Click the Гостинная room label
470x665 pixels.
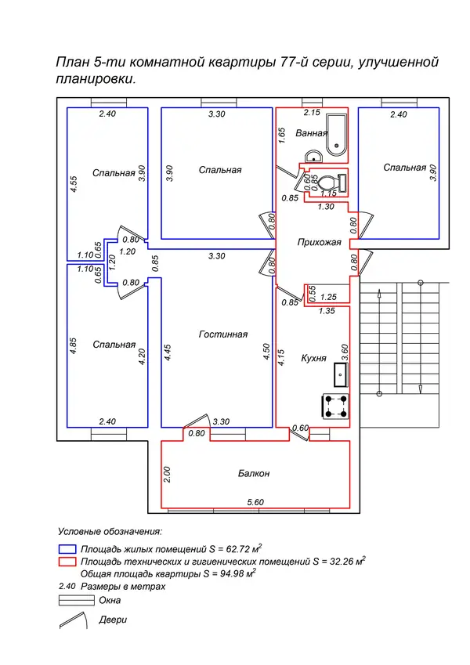click(223, 334)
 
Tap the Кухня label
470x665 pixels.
click(313, 359)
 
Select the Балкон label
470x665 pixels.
click(254, 473)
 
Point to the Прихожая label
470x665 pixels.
click(319, 243)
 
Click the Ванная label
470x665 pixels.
click(311, 133)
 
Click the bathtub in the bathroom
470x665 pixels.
click(337, 135)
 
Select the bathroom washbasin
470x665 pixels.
click(313, 156)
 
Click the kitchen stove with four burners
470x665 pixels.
click(335, 407)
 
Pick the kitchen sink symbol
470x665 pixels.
click(341, 374)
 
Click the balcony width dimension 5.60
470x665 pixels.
click(255, 502)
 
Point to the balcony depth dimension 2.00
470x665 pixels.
click(167, 475)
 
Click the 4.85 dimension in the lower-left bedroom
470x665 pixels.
click(73, 345)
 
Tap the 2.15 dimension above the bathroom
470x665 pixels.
click(312, 112)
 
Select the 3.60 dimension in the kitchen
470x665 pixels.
click(345, 352)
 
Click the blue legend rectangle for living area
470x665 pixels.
click(67, 549)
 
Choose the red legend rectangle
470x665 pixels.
click(67, 562)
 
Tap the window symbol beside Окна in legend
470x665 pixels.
click(76, 600)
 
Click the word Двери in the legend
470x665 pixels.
click(113, 620)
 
